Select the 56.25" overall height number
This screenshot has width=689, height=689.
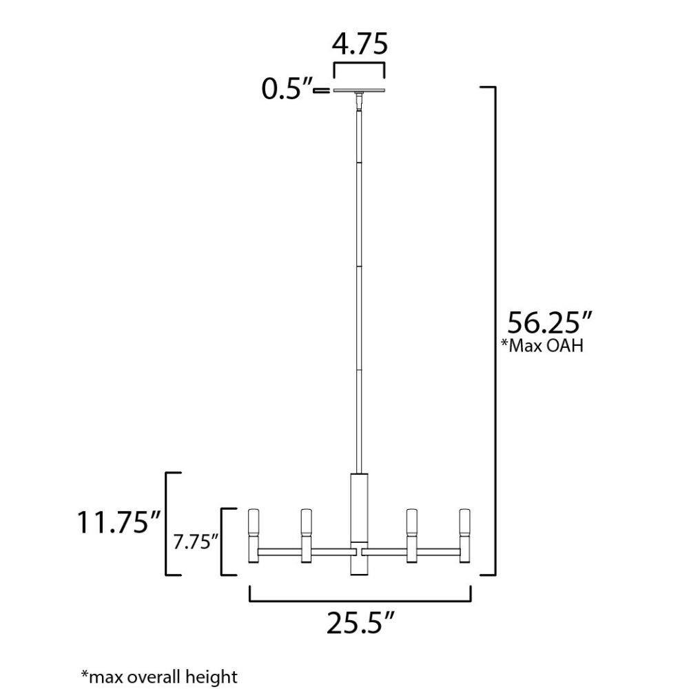pos(550,322)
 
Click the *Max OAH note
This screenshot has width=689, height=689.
pos(542,346)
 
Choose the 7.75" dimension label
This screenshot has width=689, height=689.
pos(196,542)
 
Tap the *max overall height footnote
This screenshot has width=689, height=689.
pos(160,677)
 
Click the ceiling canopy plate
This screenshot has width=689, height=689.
pos(359,90)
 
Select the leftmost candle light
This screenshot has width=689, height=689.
pos(254,536)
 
